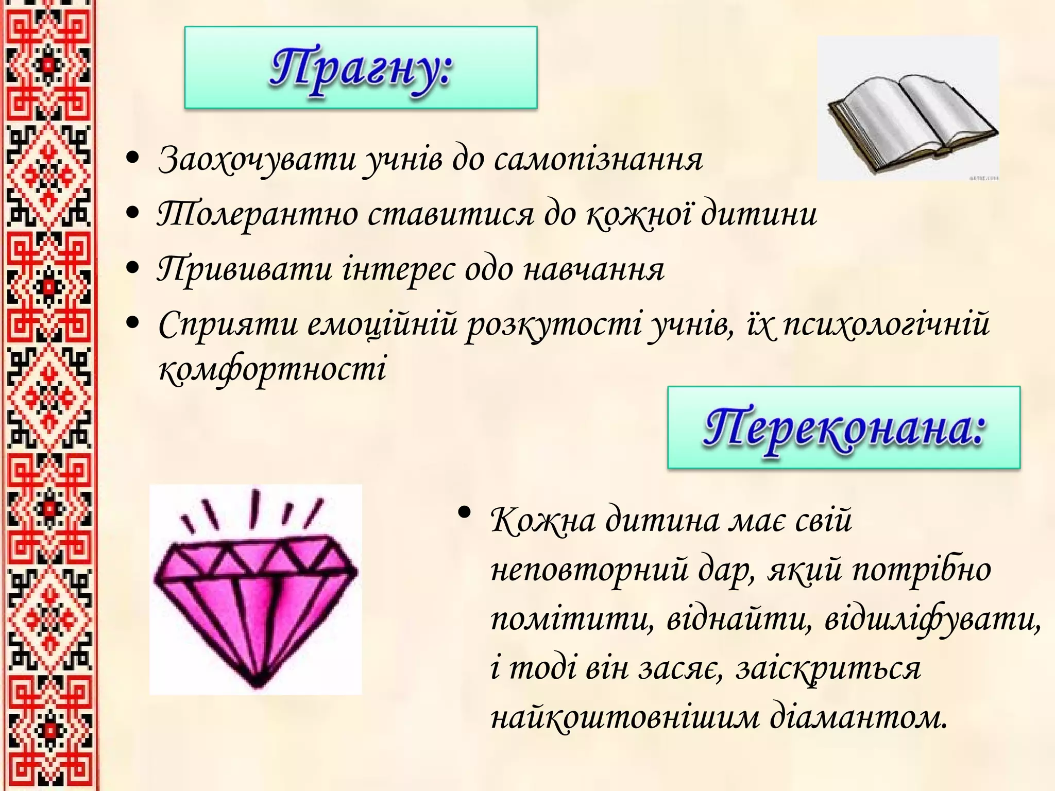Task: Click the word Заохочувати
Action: coord(257,160)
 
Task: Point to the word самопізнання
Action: coord(598,160)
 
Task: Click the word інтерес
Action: coord(398,269)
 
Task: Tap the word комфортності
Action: coord(272,369)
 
